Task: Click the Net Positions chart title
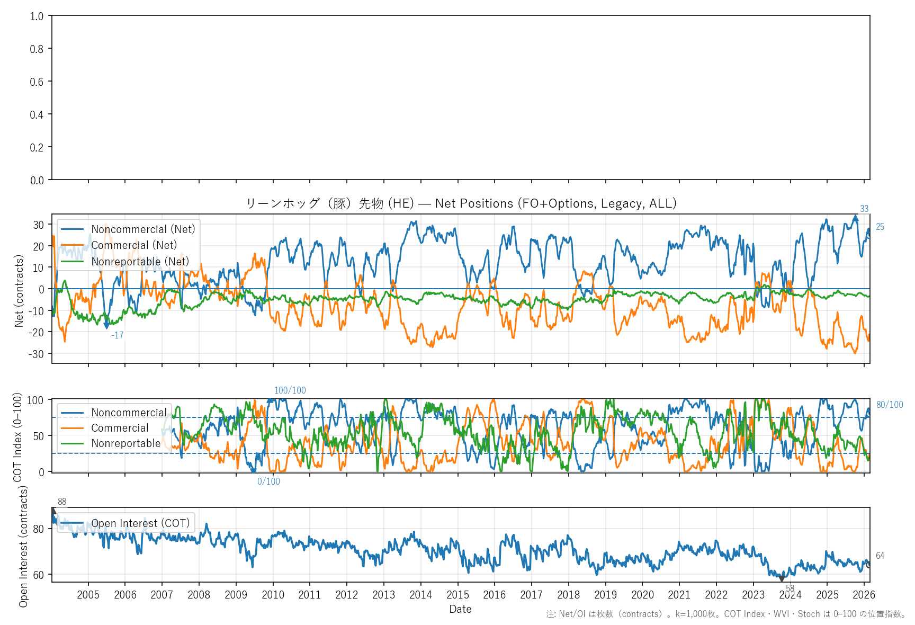click(461, 203)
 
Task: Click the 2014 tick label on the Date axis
click(420, 595)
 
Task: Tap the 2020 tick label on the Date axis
click(642, 595)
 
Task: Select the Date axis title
click(460, 609)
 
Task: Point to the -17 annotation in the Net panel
click(118, 335)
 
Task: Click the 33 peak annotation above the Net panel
click(864, 209)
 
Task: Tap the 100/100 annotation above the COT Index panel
click(290, 390)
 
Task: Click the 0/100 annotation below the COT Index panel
click(268, 481)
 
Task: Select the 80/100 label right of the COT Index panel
click(890, 405)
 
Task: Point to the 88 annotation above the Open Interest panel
click(62, 502)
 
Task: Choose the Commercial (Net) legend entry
click(134, 245)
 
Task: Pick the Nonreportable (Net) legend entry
click(140, 262)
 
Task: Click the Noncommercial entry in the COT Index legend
click(129, 413)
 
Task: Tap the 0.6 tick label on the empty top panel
click(37, 82)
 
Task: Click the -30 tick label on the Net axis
click(38, 354)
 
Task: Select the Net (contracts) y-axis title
click(19, 291)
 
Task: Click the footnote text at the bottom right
click(726, 614)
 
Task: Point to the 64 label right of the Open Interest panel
click(880, 556)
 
